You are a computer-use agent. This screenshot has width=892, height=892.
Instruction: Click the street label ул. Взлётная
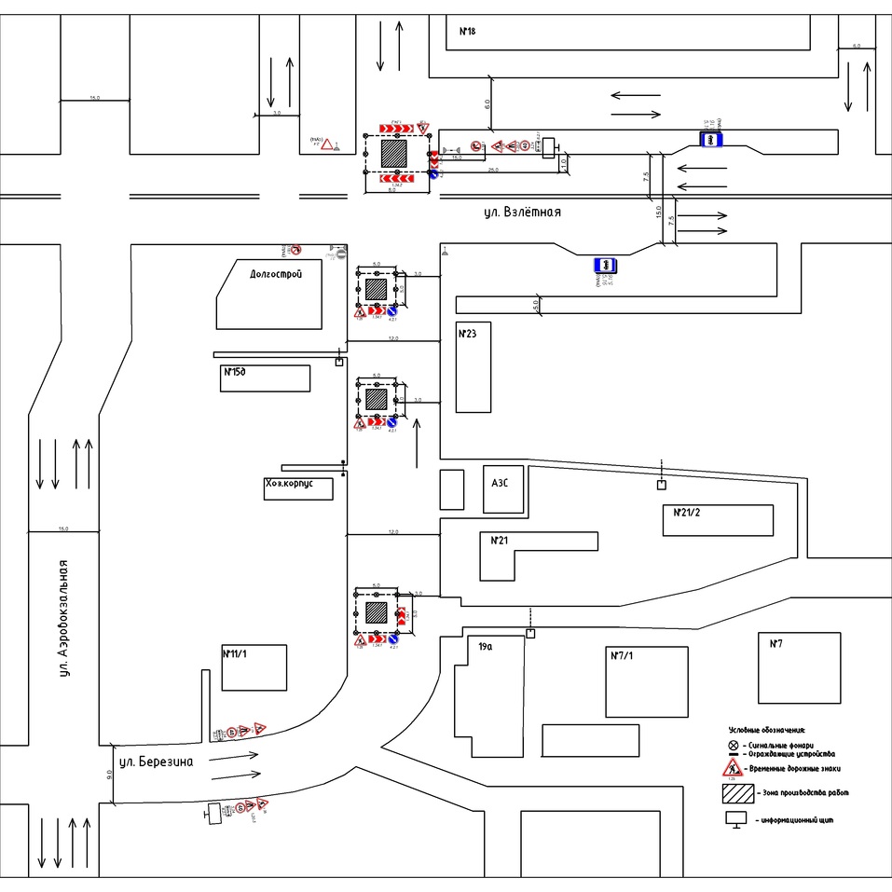click(522, 213)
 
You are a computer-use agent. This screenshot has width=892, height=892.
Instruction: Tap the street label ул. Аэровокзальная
click(63, 618)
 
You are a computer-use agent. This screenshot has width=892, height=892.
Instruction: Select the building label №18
click(468, 32)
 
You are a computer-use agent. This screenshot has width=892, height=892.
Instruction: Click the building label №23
click(467, 333)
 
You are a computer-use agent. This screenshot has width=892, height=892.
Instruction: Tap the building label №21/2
click(686, 513)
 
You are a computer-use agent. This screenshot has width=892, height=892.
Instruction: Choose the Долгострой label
click(276, 274)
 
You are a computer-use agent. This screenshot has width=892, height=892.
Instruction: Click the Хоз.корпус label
click(294, 485)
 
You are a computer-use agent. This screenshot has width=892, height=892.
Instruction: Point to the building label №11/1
click(236, 653)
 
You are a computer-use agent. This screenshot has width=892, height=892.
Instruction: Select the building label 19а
click(486, 645)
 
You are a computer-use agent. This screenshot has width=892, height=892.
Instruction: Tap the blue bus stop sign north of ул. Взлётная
click(711, 139)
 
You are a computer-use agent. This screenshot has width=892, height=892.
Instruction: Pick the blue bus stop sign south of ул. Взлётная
click(605, 266)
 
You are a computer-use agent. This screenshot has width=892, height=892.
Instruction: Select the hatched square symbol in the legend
click(738, 793)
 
